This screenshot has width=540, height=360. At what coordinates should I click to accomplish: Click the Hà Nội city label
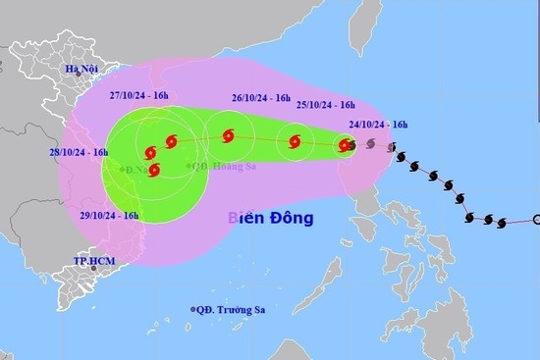click(x=85, y=69)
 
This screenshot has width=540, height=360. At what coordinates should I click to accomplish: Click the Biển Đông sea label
click(x=270, y=219)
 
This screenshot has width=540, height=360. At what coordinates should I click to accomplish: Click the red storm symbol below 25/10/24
click(x=295, y=144)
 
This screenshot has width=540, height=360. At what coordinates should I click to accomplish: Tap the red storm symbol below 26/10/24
click(x=228, y=136)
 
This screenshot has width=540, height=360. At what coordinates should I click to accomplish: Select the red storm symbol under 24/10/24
click(x=345, y=146)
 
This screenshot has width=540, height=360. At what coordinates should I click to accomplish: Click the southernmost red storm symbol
click(x=154, y=170)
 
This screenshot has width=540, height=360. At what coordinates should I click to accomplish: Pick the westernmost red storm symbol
click(x=149, y=153)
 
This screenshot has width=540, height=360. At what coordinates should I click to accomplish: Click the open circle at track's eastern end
click(x=536, y=220)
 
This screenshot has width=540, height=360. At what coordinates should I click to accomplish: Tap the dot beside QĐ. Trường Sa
click(x=192, y=310)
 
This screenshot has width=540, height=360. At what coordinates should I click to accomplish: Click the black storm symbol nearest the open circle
click(x=505, y=222)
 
